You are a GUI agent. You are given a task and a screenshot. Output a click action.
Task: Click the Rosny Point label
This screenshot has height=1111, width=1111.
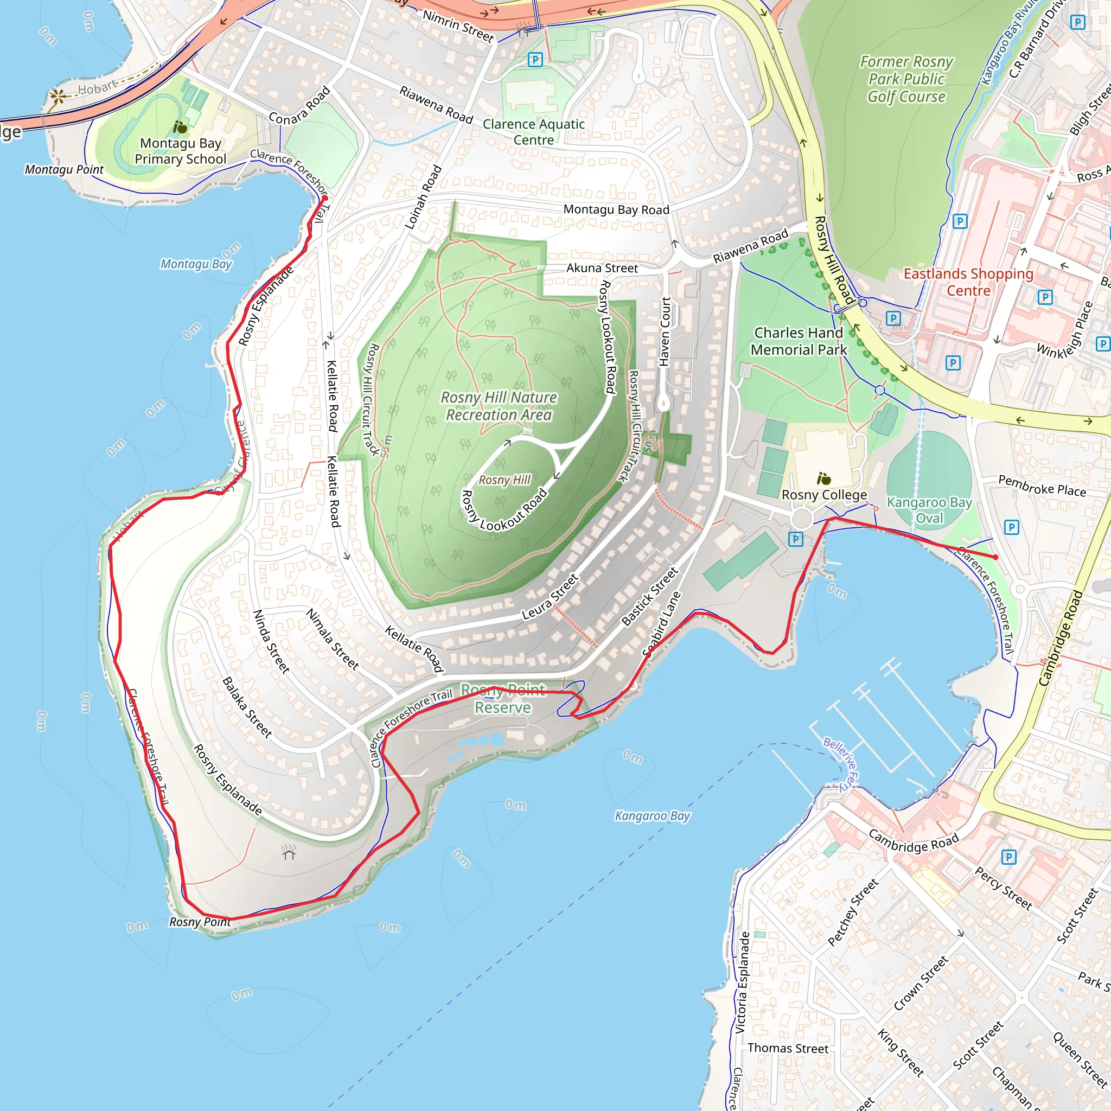click(200, 922)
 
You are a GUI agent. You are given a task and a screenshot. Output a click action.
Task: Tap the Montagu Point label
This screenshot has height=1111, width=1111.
click(64, 170)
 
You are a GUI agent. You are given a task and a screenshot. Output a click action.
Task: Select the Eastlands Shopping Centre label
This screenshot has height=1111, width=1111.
click(968, 282)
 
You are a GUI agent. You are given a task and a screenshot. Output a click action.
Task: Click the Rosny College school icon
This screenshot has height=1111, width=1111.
click(823, 478)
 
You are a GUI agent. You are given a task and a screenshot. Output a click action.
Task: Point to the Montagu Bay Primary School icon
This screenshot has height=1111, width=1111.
click(180, 126)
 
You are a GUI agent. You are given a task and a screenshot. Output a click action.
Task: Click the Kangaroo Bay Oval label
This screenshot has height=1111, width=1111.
click(929, 510)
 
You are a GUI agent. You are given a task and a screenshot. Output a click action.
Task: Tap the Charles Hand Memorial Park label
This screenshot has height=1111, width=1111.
click(799, 341)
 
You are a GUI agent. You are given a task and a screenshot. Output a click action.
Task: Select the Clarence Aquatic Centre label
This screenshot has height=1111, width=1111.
click(534, 132)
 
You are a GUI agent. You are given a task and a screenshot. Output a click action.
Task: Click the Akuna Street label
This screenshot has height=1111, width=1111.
click(602, 268)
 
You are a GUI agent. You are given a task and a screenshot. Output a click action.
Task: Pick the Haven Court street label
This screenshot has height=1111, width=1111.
click(665, 332)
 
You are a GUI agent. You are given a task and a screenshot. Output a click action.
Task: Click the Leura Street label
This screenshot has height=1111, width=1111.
click(550, 596)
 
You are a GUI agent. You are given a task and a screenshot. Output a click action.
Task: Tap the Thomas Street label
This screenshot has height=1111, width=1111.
click(788, 1048)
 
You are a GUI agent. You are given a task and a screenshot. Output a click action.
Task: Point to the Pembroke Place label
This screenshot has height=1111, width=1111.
click(1042, 486)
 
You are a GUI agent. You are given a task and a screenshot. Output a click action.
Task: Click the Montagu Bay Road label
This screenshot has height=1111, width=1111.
click(616, 209)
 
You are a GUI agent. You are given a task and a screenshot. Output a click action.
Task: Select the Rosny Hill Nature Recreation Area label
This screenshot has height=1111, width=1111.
click(499, 406)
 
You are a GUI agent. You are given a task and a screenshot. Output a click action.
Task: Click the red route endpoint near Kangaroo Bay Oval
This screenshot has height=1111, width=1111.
click(995, 557)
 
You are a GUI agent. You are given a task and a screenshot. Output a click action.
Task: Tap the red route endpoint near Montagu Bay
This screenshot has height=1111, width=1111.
click(324, 198)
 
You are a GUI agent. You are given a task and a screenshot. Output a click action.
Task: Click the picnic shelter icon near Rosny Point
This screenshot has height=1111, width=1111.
click(289, 853)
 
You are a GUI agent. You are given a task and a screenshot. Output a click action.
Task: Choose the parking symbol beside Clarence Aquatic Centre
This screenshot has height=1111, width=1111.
click(535, 59)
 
